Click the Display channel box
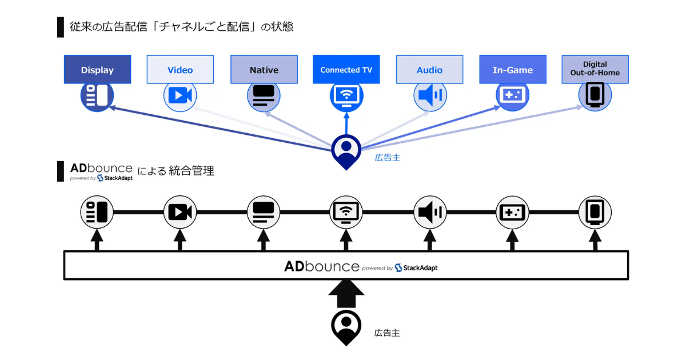click(97, 70)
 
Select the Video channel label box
click(180, 70)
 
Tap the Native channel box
click(264, 70)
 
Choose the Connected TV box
click(346, 70)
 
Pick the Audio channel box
click(429, 70)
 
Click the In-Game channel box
click(512, 70)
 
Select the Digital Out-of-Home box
click(595, 69)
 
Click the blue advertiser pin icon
click(346, 150)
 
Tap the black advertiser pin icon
click(346, 327)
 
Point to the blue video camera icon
click(180, 95)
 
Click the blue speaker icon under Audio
click(430, 95)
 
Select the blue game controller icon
click(512, 95)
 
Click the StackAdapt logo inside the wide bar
click(416, 267)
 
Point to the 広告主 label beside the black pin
click(387, 333)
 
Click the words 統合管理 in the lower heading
click(192, 170)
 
